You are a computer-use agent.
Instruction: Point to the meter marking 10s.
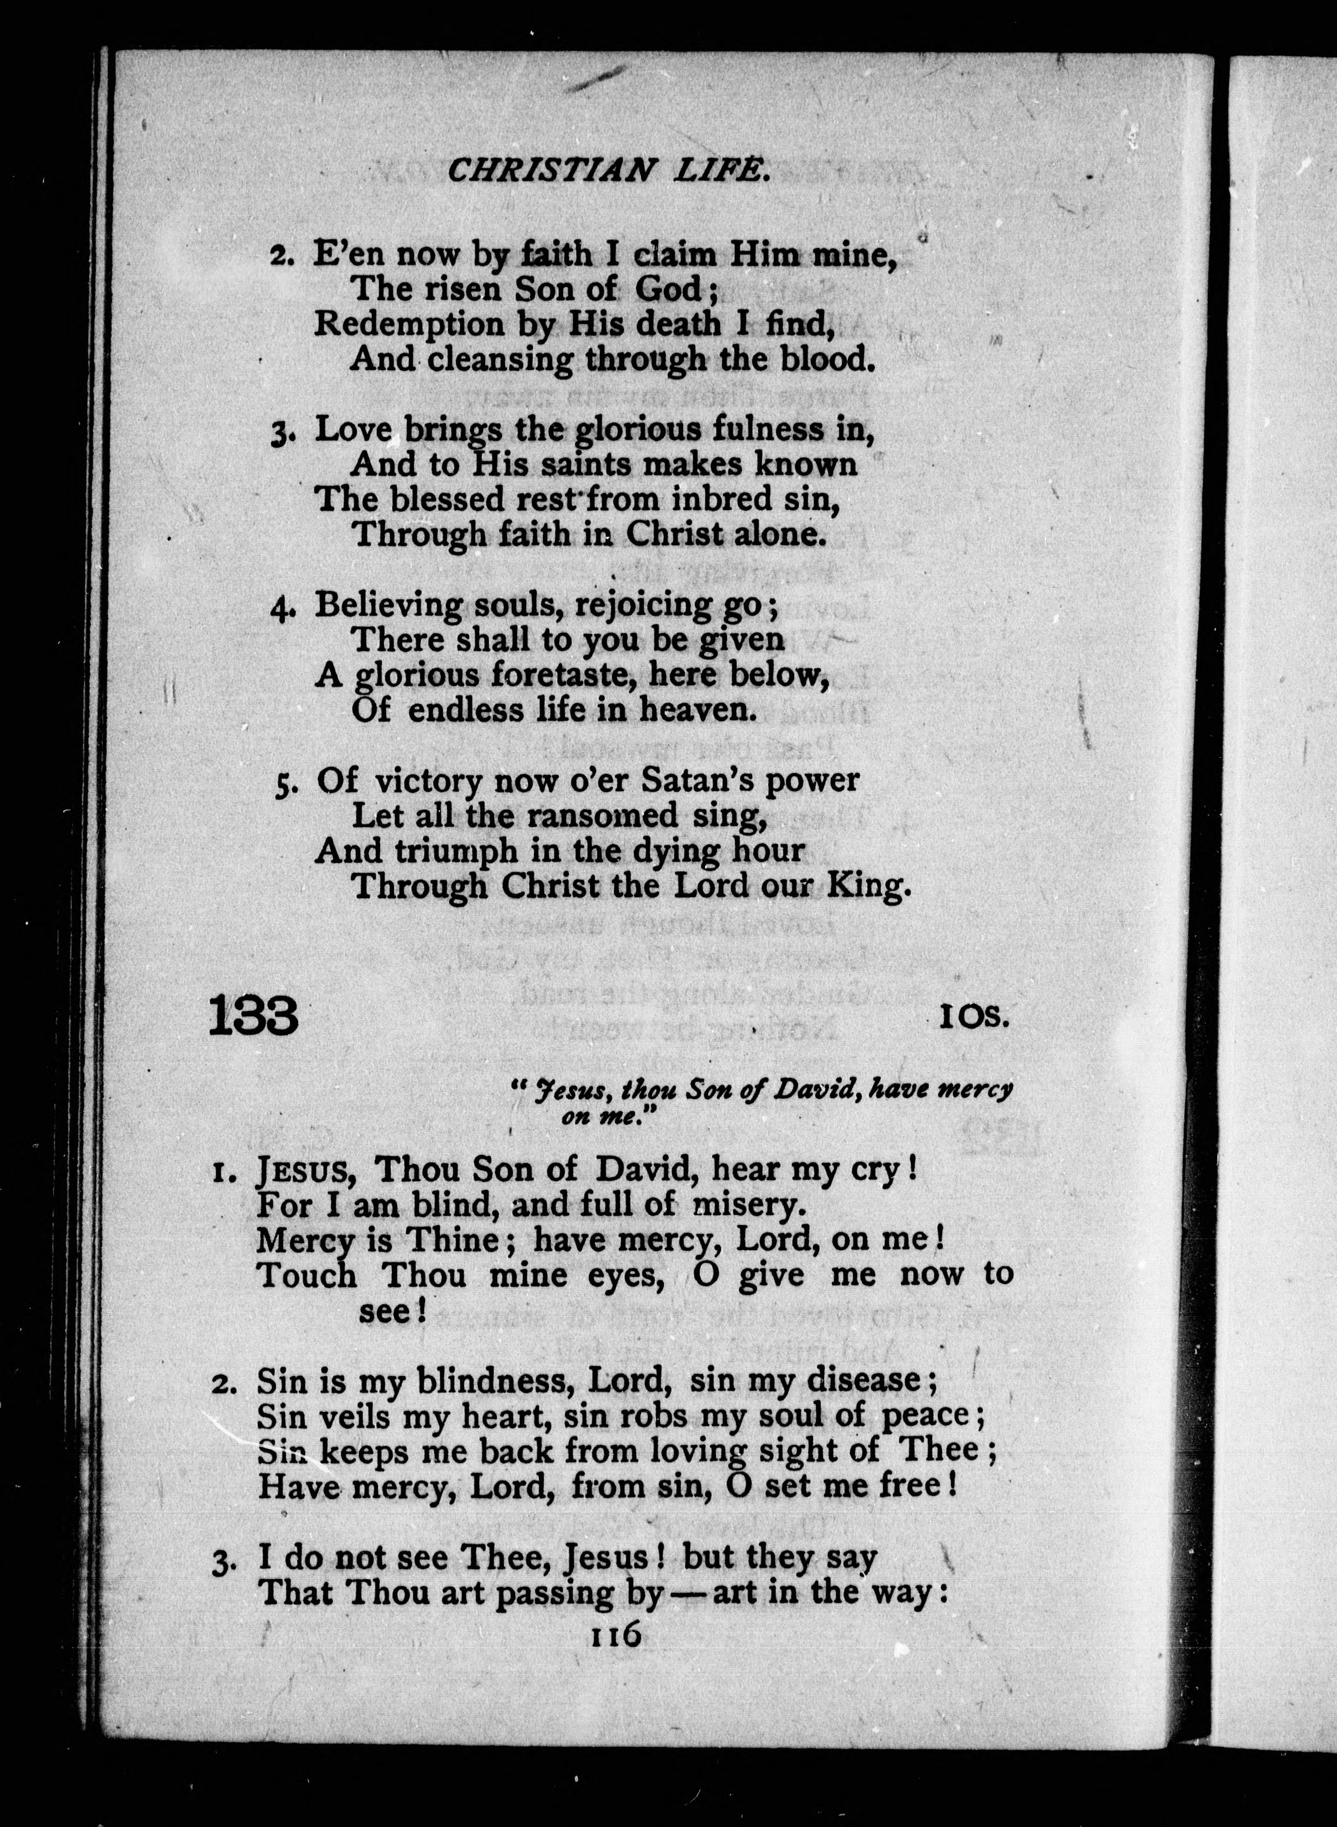(974, 1017)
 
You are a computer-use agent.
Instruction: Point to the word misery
(750, 1205)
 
